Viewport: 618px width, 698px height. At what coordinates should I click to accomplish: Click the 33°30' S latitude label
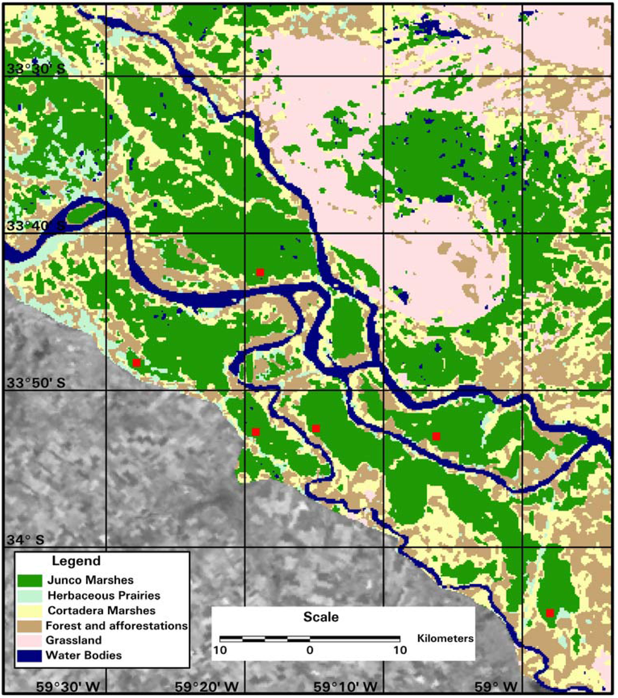click(36, 69)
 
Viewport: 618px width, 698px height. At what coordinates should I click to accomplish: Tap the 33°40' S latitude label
click(36, 226)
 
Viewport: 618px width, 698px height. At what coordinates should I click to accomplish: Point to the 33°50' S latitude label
click(36, 383)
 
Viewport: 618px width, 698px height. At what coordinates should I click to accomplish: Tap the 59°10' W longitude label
click(345, 686)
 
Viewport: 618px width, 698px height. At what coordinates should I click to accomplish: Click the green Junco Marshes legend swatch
click(28, 580)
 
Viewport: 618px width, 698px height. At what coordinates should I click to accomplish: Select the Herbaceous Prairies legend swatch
click(28, 595)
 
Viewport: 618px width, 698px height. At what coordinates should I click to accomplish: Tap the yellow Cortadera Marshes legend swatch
click(28, 610)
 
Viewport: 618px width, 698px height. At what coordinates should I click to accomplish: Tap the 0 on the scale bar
click(310, 650)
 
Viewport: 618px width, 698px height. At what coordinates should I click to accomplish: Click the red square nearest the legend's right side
click(255, 431)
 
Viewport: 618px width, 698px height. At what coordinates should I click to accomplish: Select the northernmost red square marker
click(260, 272)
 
